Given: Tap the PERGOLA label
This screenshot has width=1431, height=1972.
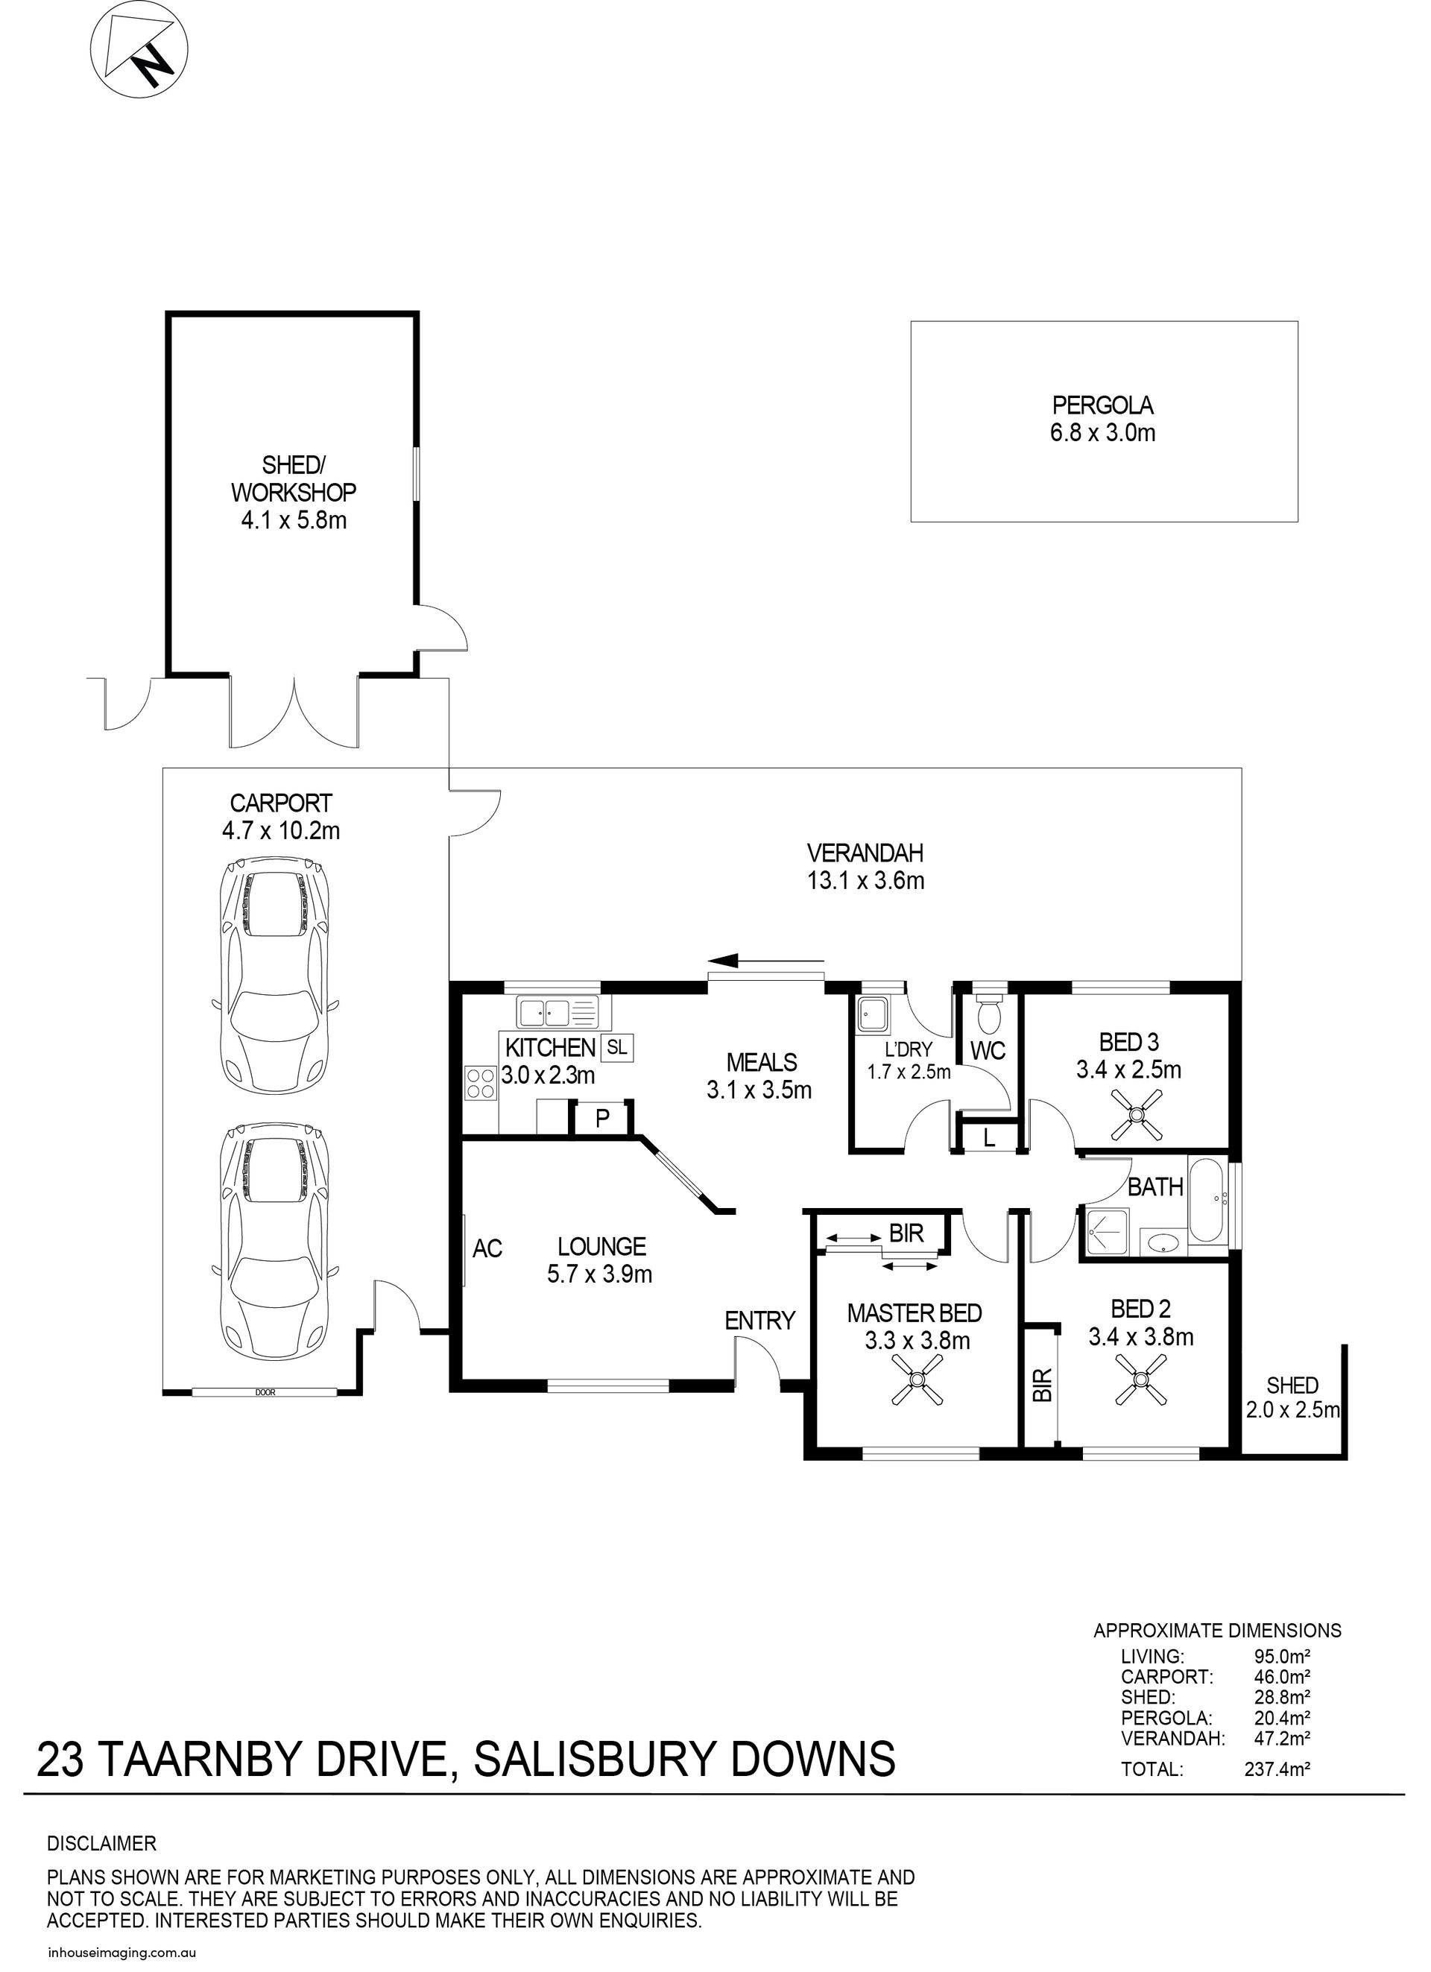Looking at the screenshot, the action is tap(1102, 405).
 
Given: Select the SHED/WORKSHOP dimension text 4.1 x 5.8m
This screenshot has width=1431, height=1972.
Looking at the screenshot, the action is tap(293, 521).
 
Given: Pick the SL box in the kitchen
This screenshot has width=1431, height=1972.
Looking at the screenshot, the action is tap(616, 1047).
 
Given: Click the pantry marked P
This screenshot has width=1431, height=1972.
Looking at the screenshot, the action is tap(601, 1118).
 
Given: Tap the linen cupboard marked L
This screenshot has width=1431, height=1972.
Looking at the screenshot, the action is tap(988, 1138).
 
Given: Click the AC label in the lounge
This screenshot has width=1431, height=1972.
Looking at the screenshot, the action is tap(487, 1248).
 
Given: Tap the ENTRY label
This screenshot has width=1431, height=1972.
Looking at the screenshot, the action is tap(759, 1321).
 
